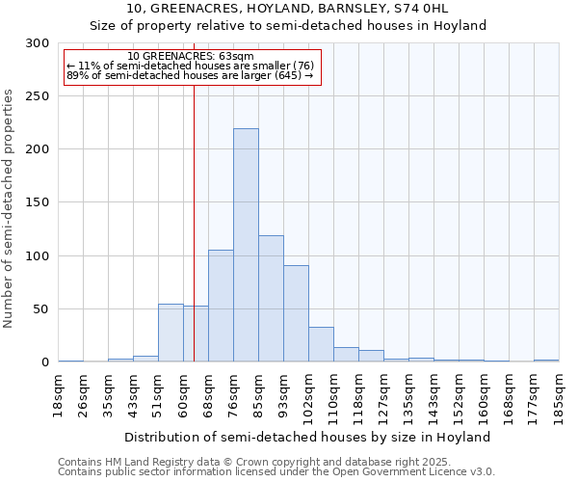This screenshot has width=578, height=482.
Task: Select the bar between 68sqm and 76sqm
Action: click(x=221, y=306)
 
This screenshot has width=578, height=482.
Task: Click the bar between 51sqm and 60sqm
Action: click(x=171, y=333)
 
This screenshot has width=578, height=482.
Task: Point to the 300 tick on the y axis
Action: click(x=38, y=43)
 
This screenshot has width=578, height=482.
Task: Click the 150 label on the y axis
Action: click(x=38, y=202)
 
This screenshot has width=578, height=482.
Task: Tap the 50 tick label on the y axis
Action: click(x=41, y=309)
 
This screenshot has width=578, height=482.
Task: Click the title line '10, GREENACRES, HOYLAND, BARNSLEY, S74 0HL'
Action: click(x=288, y=9)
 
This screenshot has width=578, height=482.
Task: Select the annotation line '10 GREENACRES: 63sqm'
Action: click(x=190, y=57)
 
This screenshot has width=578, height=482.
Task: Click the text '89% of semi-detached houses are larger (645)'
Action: click(x=190, y=75)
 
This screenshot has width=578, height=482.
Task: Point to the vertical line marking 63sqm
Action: click(x=195, y=222)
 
